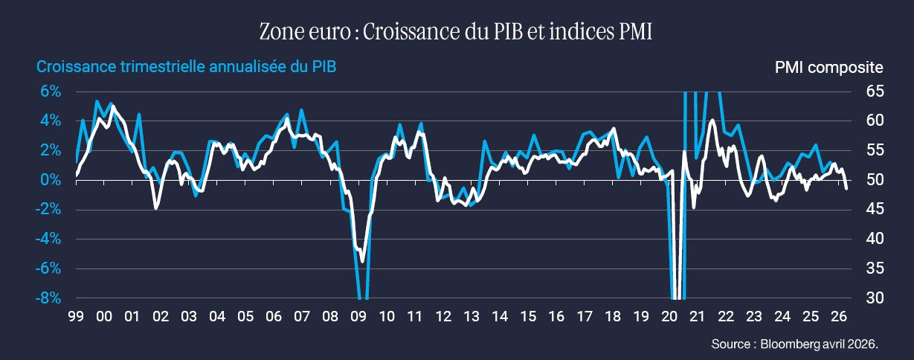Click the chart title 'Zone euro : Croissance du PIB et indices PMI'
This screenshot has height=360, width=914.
[x=456, y=31]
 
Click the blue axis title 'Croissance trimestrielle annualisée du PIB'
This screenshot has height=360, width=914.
[x=187, y=67]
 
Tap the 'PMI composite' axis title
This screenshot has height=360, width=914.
[x=828, y=68]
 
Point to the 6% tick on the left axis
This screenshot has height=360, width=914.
[x=51, y=91]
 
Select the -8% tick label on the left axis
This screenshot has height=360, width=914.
[x=48, y=298]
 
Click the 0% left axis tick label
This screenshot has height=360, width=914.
[x=51, y=179]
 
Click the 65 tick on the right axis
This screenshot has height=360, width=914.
[x=875, y=91]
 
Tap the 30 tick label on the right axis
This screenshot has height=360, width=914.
[x=875, y=298]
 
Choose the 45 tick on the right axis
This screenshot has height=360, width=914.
[x=875, y=209]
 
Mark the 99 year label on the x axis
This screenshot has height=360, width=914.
[x=76, y=316]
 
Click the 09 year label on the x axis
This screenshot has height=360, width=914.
[x=358, y=316]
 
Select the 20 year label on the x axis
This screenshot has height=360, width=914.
[x=669, y=316]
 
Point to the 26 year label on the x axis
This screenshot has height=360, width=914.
[x=838, y=316]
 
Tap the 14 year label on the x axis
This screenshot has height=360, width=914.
[x=500, y=316]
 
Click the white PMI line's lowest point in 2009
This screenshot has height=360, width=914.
[x=362, y=261]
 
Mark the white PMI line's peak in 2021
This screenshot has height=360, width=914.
[x=712, y=120]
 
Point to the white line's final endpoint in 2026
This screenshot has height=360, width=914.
[x=846, y=188]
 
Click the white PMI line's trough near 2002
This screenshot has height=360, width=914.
[x=156, y=208]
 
